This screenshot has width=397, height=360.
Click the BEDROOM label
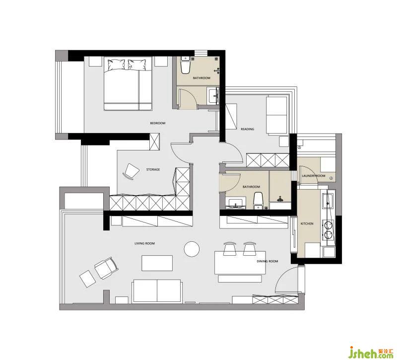(157, 123)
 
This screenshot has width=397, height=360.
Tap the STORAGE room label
(153, 169)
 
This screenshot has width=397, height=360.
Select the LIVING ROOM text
(144, 243)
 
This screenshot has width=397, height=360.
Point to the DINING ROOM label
(267, 261)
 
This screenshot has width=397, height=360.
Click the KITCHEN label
(307, 224)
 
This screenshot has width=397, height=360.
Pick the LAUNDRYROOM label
(314, 176)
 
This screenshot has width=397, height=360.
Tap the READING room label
(247, 129)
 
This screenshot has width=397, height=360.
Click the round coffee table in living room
(192, 249)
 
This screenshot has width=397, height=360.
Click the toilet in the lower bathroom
(258, 201)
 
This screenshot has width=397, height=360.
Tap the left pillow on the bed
(116, 65)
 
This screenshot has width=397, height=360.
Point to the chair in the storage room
(131, 171)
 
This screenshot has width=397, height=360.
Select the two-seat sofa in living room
(157, 291)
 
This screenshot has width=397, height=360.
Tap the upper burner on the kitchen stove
(328, 225)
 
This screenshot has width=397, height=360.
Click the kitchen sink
(328, 200)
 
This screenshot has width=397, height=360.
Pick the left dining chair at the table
(230, 249)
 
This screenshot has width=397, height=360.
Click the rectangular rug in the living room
(157, 263)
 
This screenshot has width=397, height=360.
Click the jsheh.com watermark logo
(370, 352)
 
